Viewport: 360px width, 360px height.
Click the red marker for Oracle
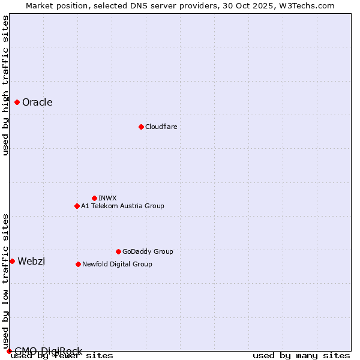pyautogui.click(x=17, y=103)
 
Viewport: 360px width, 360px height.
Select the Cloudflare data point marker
pyautogui.click(x=141, y=127)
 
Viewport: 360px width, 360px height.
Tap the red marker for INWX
pyautogui.click(x=94, y=198)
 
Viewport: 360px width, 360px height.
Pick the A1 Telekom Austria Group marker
pyautogui.click(x=77, y=206)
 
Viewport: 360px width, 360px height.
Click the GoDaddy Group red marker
pyautogui.click(x=118, y=251)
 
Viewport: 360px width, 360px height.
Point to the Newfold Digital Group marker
pyautogui.click(x=78, y=264)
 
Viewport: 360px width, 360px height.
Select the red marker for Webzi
pyautogui.click(x=12, y=261)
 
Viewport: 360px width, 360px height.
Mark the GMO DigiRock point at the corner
pyautogui.click(x=9, y=351)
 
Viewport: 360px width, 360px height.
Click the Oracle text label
pyautogui.click(x=37, y=103)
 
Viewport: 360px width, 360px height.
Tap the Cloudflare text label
pyautogui.click(x=161, y=127)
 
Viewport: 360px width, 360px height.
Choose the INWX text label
pyautogui.click(x=107, y=198)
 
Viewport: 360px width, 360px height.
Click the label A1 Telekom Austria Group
pyautogui.click(x=122, y=206)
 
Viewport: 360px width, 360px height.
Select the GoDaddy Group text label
pyautogui.click(x=148, y=251)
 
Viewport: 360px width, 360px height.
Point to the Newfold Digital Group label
pyautogui.click(x=117, y=264)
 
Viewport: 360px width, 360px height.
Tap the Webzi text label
pyautogui.click(x=31, y=261)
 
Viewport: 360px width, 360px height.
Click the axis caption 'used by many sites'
pyautogui.click(x=301, y=355)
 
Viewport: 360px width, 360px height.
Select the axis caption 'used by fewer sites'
pyautogui.click(x=62, y=356)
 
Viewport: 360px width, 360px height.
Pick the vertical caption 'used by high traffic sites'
pyautogui.click(x=5, y=85)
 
